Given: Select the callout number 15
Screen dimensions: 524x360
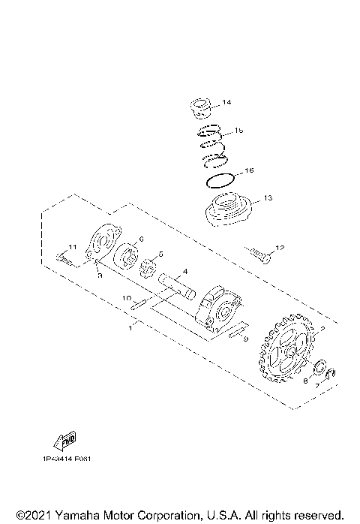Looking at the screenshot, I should (239, 130).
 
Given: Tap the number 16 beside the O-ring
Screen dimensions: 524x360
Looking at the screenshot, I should (249, 170).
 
